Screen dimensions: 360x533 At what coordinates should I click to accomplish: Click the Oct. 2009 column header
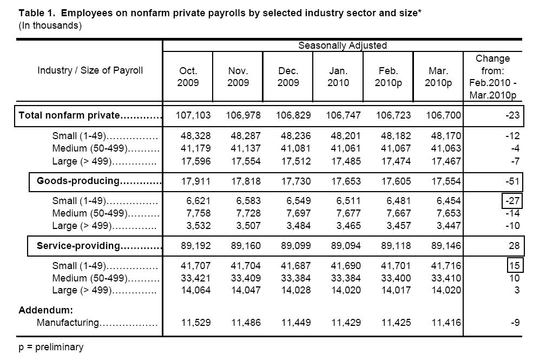pyautogui.click(x=188, y=76)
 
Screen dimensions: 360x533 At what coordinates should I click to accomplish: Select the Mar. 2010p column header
pyautogui.click(x=438, y=76)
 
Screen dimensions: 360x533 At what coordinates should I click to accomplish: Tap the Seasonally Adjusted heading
pyautogui.click(x=342, y=45)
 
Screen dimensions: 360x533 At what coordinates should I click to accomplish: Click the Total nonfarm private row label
pyautogui.click(x=89, y=115)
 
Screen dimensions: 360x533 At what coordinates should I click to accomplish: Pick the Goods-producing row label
pyautogui.click(x=98, y=181)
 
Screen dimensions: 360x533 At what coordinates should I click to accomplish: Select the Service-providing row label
pyautogui.click(x=98, y=246)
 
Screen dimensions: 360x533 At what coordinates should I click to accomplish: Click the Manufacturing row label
pyautogui.click(x=97, y=323)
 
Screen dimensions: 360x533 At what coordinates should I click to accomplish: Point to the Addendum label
pyautogui.click(x=45, y=310)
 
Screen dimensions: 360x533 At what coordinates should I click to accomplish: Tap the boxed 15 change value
pyautogui.click(x=514, y=266)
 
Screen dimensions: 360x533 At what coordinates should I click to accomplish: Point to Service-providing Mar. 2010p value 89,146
pyautogui.click(x=444, y=246)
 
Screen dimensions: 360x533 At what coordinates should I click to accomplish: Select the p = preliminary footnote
pyautogui.click(x=51, y=347)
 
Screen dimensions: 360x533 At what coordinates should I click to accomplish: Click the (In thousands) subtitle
pyautogui.click(x=50, y=25)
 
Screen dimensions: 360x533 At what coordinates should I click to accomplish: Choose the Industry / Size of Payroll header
pyautogui.click(x=90, y=70)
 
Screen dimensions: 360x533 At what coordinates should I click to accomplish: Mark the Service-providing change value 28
pyautogui.click(x=513, y=246)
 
